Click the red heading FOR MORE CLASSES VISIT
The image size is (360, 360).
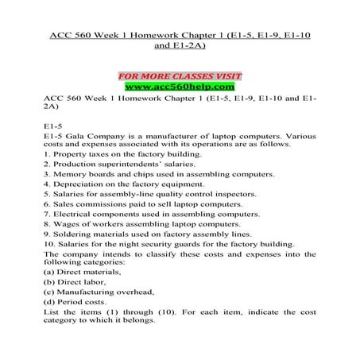click(x=179, y=76)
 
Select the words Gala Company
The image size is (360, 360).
click(x=95, y=137)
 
